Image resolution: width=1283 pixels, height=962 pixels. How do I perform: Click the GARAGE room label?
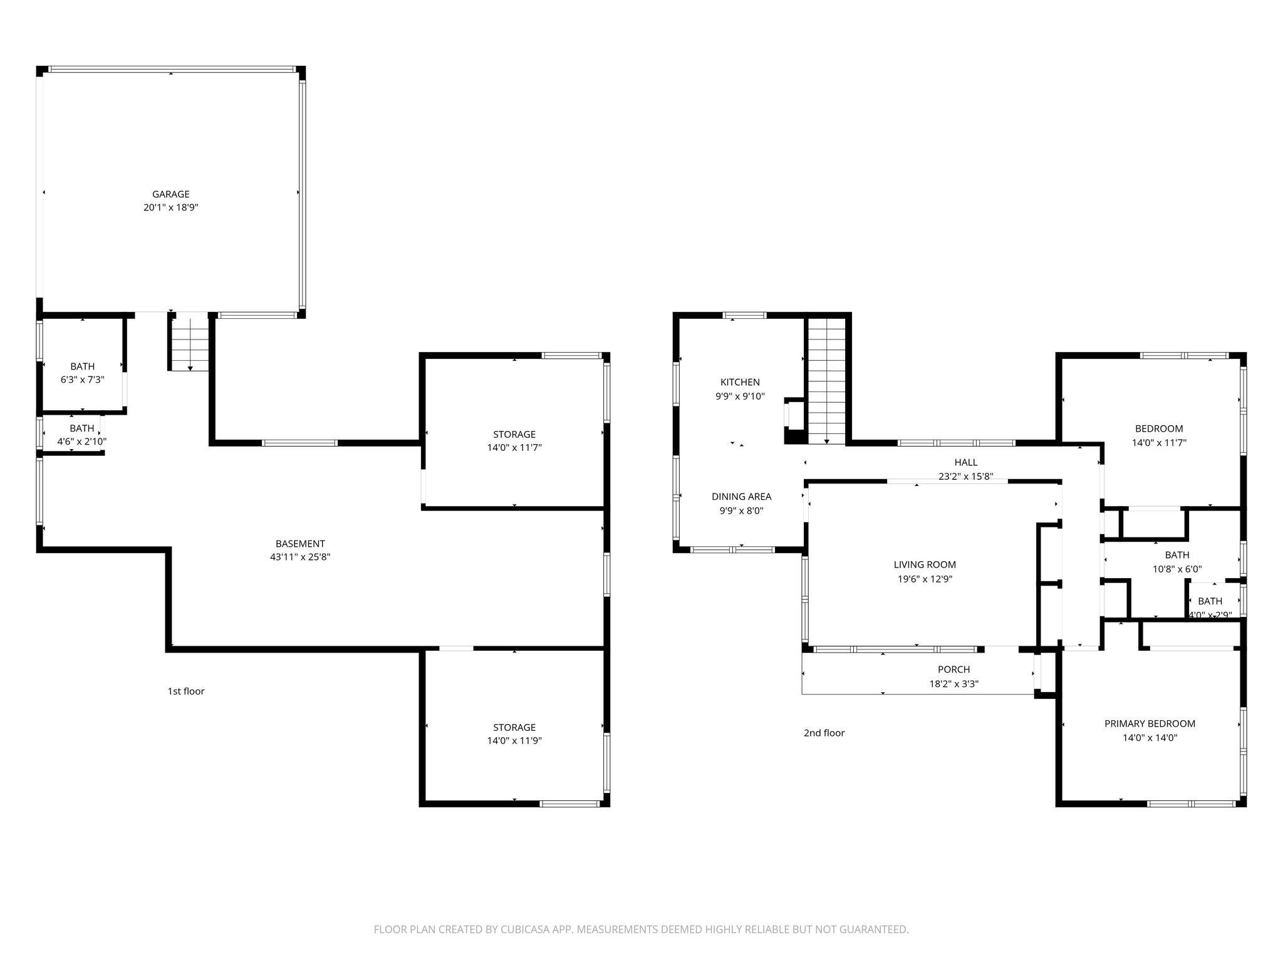170,194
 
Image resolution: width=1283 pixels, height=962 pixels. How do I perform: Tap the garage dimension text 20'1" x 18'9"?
170,207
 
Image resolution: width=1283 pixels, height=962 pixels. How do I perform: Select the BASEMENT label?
300,544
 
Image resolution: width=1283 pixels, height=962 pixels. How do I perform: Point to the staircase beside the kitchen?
826,380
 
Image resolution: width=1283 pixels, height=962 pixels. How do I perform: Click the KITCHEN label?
740,382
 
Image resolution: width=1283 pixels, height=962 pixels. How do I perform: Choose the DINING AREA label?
741,497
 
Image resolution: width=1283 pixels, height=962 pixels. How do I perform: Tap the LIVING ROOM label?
925,565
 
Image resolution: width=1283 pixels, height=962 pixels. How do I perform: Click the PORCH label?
953,670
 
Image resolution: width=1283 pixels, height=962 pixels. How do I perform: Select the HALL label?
965,462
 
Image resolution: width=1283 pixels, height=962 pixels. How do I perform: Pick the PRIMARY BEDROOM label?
1150,723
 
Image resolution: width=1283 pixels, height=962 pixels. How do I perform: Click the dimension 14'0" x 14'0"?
1150,738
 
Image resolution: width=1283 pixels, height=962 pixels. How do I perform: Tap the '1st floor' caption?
185,691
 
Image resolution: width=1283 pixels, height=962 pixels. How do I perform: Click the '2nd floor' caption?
824,733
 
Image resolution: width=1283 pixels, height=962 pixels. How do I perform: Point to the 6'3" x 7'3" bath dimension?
82,380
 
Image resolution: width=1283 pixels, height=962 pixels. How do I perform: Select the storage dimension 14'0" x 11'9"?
514,741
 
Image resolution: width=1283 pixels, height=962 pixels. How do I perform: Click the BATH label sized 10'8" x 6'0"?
1177,555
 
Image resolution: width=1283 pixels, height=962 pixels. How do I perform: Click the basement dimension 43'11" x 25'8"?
300,557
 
